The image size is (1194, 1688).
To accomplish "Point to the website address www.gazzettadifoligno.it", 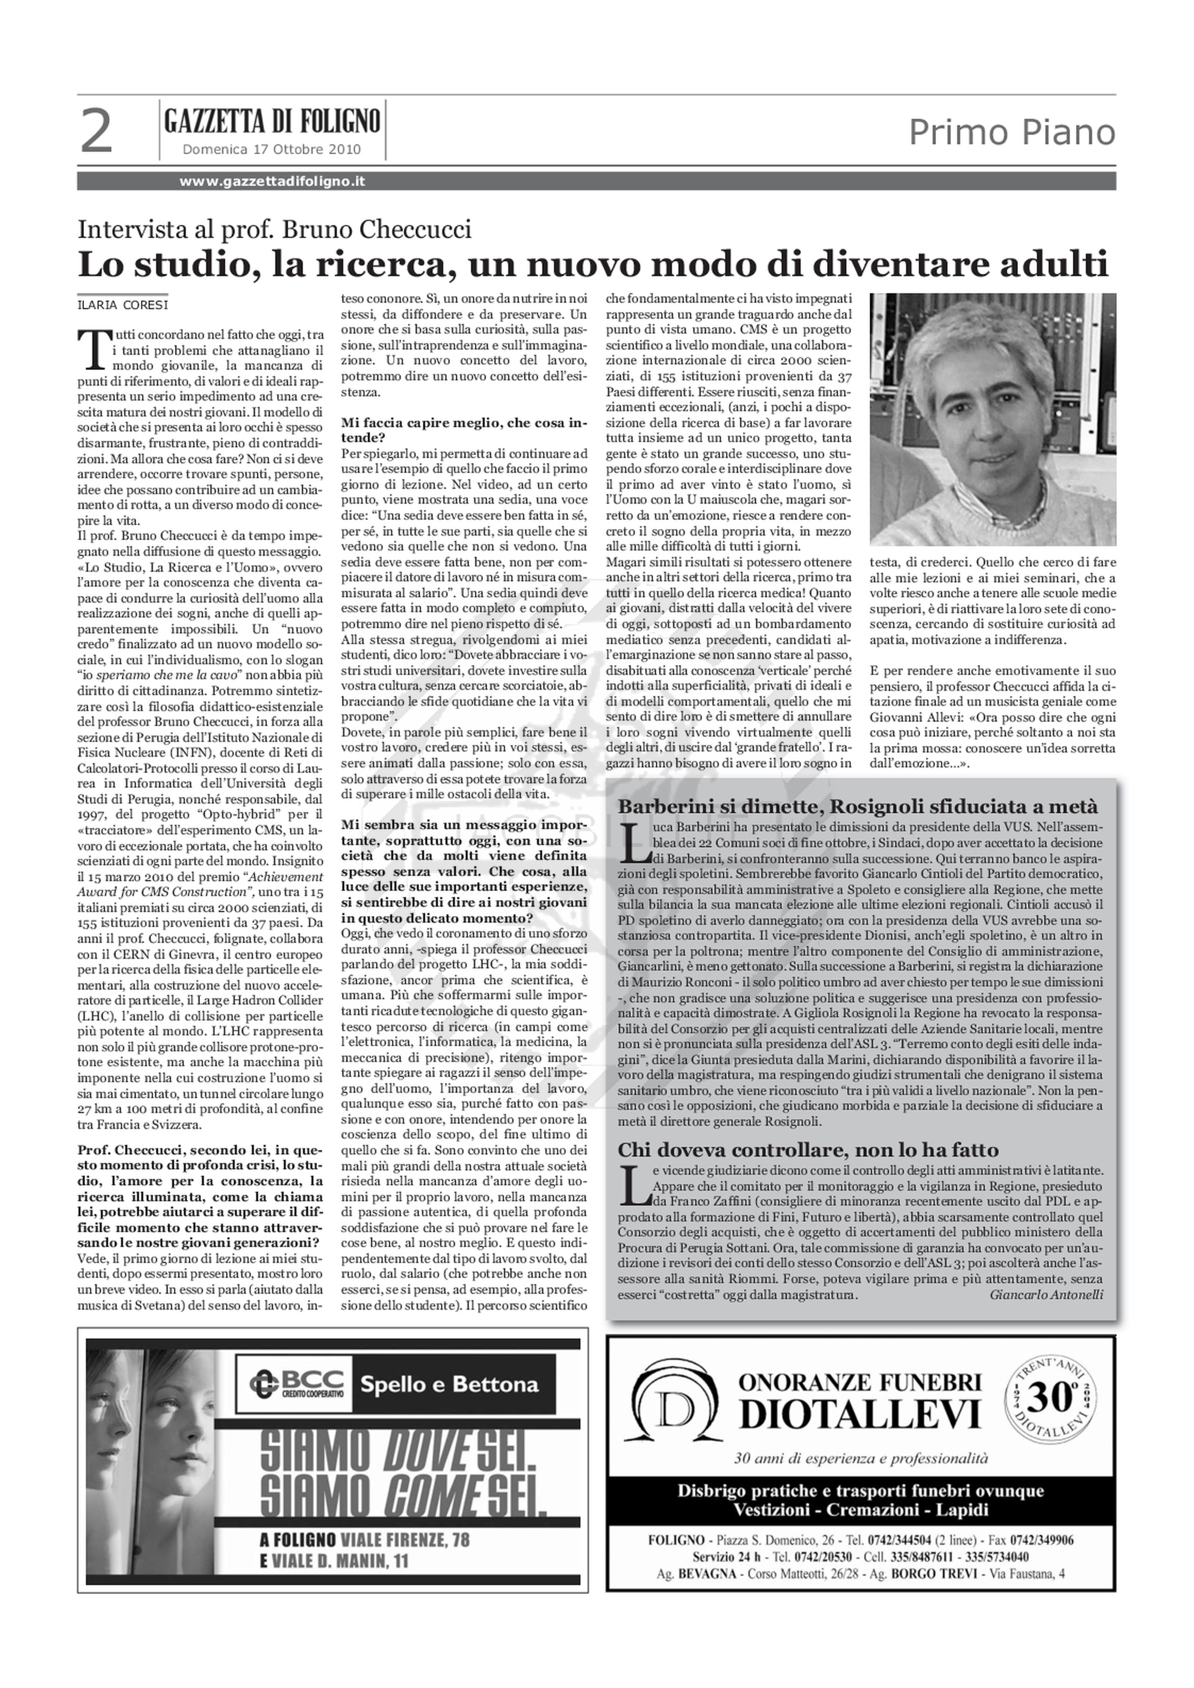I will point(272,181).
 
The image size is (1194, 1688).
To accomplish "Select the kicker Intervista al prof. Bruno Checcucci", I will point(274,230).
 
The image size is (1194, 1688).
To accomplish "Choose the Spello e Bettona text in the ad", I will point(448,1385).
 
